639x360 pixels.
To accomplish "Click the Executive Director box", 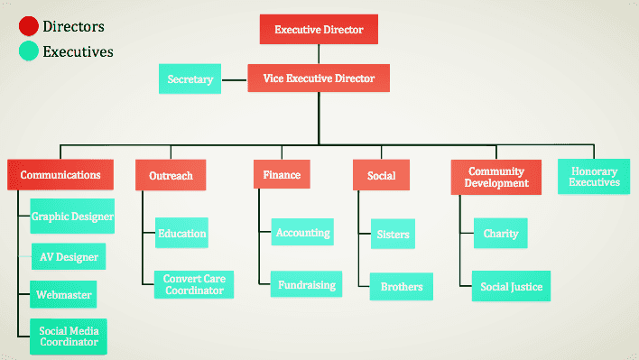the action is click(319, 29).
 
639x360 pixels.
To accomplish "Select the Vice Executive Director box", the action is click(319, 78).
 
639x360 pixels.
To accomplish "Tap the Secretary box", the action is click(190, 78).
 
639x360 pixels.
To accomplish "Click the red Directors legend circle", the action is click(29, 26).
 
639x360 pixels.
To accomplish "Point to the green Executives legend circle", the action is click(29, 51).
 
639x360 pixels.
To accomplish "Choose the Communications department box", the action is click(60, 174).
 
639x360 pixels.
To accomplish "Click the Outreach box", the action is click(171, 175).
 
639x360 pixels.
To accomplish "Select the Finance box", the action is click(282, 174).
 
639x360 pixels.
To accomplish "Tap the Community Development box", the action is click(496, 177).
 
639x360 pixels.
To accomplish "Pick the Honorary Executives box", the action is click(594, 176).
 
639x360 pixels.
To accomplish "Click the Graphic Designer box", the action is click(72, 217).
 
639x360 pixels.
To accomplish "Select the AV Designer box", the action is click(69, 256).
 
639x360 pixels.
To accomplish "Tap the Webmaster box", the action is click(63, 294).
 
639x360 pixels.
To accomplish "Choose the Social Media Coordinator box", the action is click(69, 337).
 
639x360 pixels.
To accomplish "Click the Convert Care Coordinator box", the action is click(194, 284).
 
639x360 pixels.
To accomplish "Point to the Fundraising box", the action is click(307, 284).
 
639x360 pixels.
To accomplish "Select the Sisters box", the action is click(393, 234).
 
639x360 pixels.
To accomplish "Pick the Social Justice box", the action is click(511, 286).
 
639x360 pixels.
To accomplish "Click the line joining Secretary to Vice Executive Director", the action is click(235, 79).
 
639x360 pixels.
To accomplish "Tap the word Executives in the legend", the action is click(78, 51).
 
